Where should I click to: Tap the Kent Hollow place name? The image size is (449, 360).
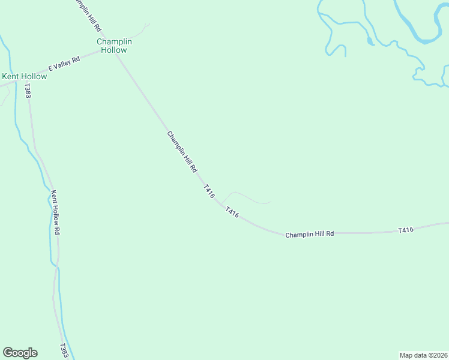[x=25, y=76]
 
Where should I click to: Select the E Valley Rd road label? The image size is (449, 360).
[x=64, y=64]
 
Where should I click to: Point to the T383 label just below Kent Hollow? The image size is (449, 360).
[x=28, y=91]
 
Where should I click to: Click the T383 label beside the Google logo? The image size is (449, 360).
[x=64, y=351]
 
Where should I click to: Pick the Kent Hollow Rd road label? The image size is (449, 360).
[x=56, y=212]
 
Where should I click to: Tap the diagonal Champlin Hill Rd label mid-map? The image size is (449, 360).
[x=182, y=152]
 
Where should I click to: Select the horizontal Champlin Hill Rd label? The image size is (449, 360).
[x=309, y=234]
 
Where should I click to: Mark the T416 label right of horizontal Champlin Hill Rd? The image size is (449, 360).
[x=406, y=230]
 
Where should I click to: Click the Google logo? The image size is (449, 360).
[x=20, y=353]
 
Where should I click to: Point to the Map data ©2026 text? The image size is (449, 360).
[x=423, y=355]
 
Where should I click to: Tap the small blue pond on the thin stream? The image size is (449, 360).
[x=370, y=42]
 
